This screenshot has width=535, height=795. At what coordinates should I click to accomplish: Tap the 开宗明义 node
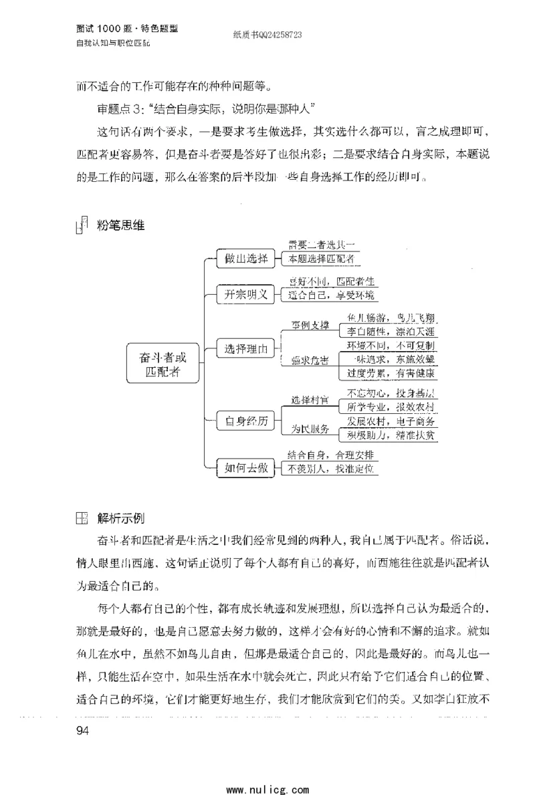click(246, 294)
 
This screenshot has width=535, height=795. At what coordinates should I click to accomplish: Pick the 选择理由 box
click(246, 348)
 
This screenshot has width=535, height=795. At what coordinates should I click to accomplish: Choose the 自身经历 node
click(246, 421)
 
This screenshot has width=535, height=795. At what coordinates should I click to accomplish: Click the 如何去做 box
click(246, 469)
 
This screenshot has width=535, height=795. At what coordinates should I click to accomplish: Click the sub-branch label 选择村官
click(310, 400)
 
